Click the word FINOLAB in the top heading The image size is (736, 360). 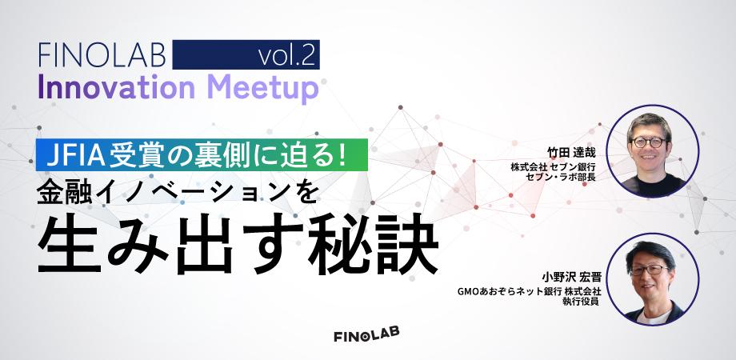102,55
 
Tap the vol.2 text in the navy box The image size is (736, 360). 286,56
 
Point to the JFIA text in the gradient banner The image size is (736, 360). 75,155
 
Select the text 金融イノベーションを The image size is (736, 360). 175,190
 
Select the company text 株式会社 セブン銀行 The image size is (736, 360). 553,166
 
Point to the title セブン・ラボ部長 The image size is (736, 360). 561,177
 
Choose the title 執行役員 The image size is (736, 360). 582,302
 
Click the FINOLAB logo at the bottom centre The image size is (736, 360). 366,334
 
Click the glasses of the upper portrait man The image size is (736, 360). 648,142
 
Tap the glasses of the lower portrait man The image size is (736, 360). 650,270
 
